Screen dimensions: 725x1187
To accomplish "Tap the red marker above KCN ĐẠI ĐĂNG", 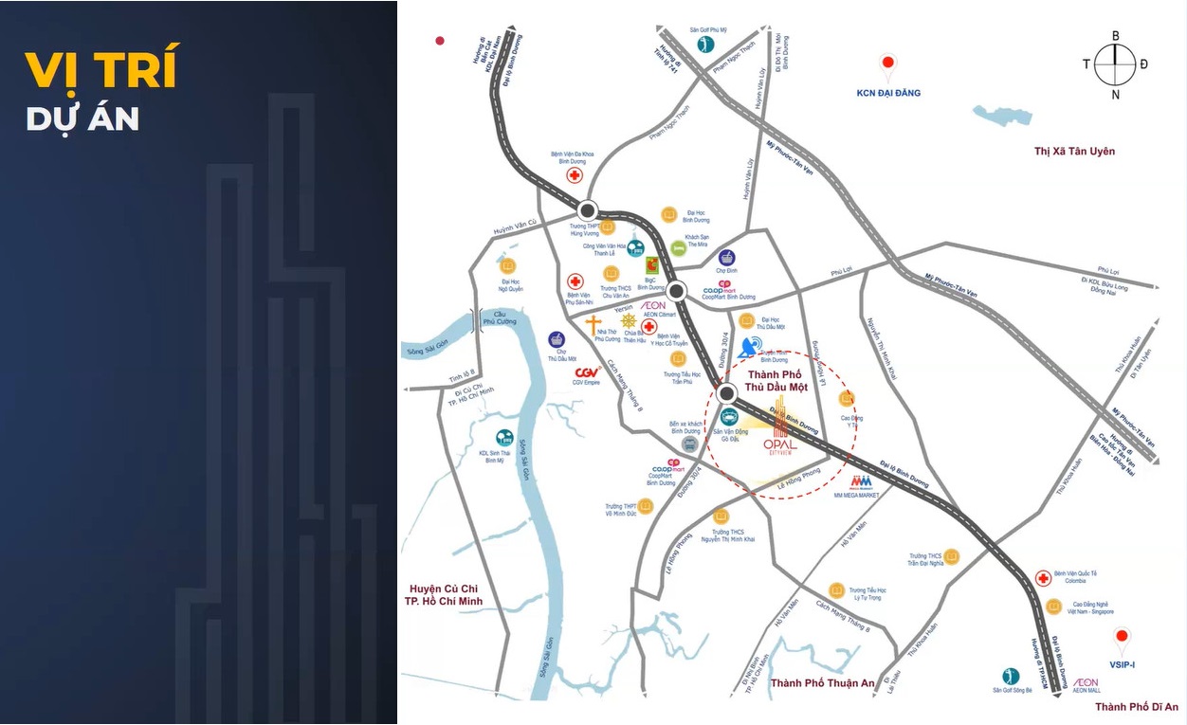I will point(887,65).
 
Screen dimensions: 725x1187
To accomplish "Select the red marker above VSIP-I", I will point(1123,638).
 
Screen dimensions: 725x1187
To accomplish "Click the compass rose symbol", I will point(1115,64).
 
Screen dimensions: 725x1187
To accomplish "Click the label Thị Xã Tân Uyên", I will point(1074,152).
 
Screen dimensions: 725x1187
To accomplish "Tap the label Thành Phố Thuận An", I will point(822,683).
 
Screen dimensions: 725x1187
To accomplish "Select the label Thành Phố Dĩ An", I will point(1136,707).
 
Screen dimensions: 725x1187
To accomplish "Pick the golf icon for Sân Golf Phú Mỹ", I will point(704,45).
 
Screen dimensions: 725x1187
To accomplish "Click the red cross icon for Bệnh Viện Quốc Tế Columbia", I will point(1042,578).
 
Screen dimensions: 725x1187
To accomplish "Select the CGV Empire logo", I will point(588,372).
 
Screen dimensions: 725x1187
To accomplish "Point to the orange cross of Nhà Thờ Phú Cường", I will point(593,325).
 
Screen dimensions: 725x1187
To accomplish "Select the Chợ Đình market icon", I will point(726,257).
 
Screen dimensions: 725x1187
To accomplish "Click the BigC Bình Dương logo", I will point(651,265).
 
